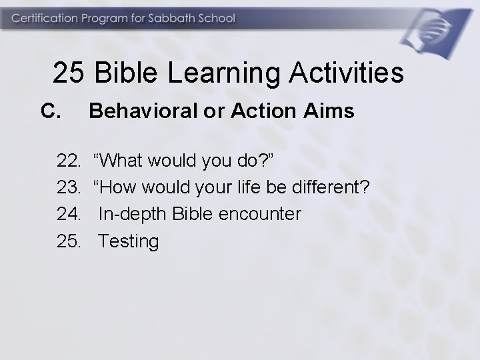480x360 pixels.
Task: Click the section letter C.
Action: point(51,111)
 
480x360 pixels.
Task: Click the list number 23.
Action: point(68,187)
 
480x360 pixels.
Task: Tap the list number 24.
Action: point(68,214)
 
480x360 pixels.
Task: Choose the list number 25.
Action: point(68,241)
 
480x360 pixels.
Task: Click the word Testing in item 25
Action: point(129,241)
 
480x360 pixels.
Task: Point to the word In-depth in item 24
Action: point(133,214)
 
